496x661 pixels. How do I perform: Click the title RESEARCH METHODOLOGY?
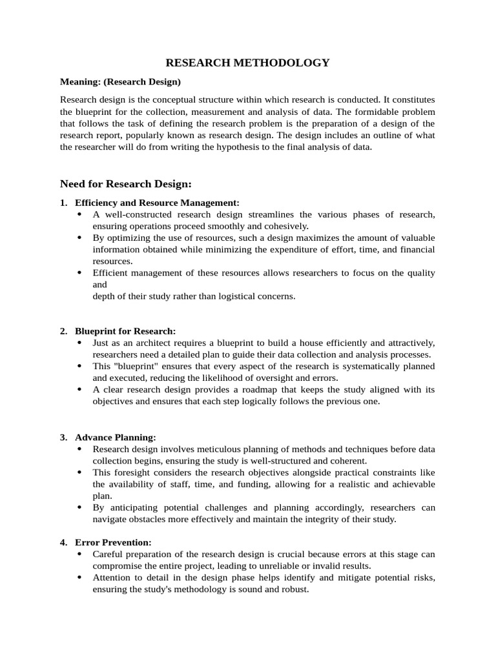click(x=248, y=63)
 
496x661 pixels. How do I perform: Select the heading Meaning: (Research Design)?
click(x=120, y=82)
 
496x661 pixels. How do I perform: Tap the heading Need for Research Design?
click(x=126, y=184)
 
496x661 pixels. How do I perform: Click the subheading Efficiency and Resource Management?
click(x=157, y=203)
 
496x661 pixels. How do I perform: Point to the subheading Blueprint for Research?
click(x=125, y=331)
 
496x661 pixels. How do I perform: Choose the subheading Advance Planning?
click(x=116, y=437)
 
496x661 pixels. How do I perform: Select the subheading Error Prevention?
click(x=113, y=543)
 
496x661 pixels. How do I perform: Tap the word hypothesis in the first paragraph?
click(x=256, y=147)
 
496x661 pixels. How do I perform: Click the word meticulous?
click(x=214, y=449)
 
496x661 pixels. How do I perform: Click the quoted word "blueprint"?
click(x=134, y=366)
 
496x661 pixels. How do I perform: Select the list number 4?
click(x=63, y=543)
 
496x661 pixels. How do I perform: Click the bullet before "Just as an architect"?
click(x=79, y=343)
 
